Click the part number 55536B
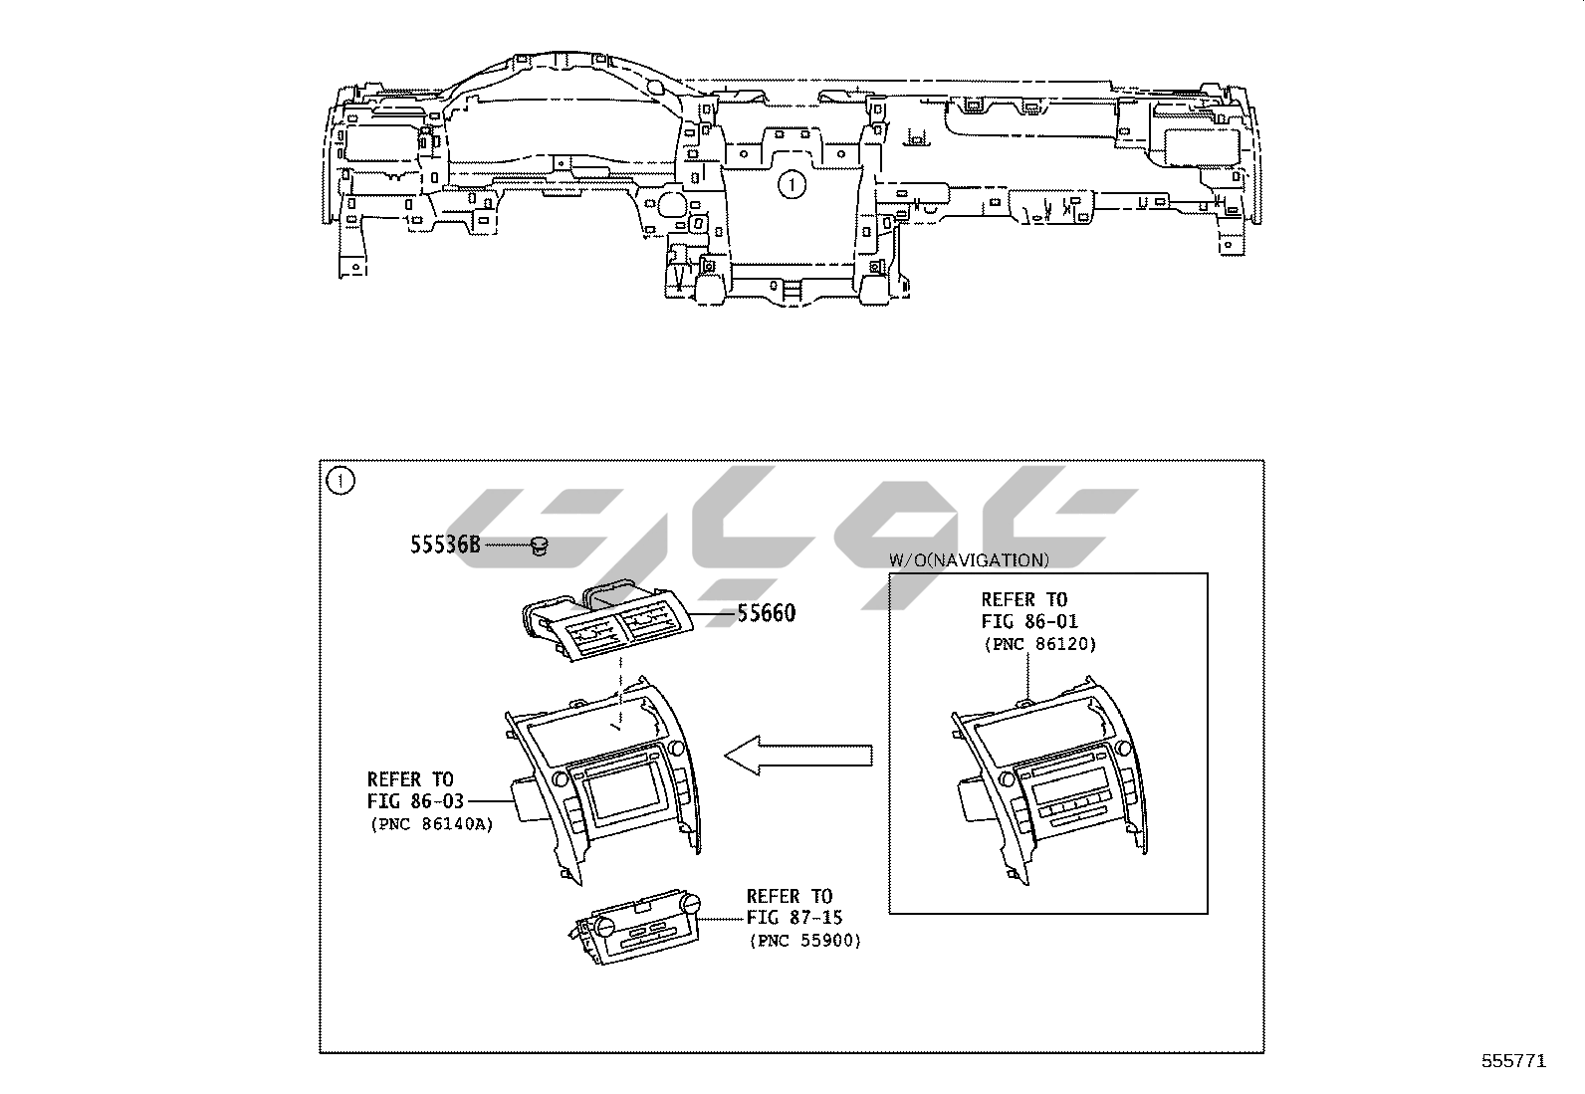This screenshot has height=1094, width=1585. [445, 545]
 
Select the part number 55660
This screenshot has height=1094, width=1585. [767, 613]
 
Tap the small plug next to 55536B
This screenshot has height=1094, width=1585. [540, 546]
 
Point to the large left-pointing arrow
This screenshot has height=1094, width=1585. [798, 755]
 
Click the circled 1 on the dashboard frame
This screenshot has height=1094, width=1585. [792, 185]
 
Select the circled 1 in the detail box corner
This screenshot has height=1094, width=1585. [340, 481]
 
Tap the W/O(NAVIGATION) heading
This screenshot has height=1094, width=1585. [969, 560]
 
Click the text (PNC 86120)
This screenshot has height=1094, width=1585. [1040, 645]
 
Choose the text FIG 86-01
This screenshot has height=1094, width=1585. [1029, 622]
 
